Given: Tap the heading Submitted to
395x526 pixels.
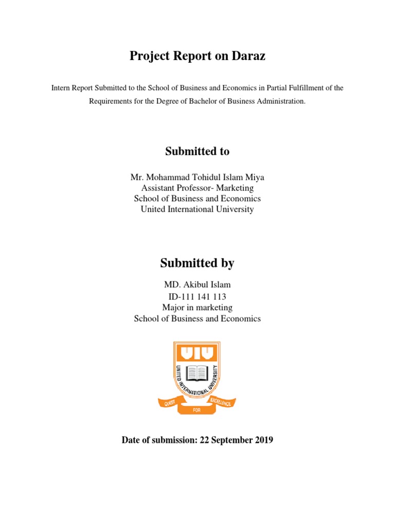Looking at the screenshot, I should click(x=197, y=151).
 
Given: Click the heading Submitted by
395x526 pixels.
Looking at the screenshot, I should click(x=197, y=263).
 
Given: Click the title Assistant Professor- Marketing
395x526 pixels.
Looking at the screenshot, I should click(x=197, y=188).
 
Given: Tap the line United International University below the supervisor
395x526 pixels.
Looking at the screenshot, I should click(x=197, y=209).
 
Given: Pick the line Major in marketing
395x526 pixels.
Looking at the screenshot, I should click(x=197, y=307).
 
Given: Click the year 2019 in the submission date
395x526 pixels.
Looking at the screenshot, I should click(x=263, y=440).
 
